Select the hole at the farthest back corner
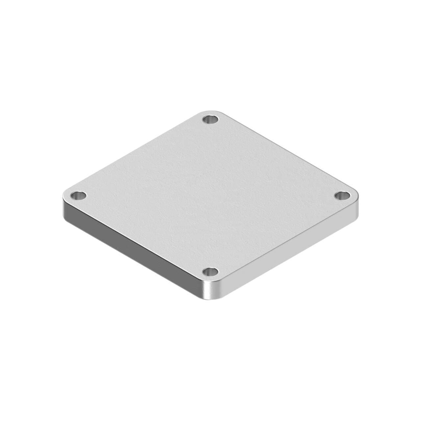click(x=210, y=119)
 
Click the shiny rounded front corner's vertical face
click(x=211, y=291)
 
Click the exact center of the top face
click(x=210, y=196)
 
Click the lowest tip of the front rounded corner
click(x=211, y=300)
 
